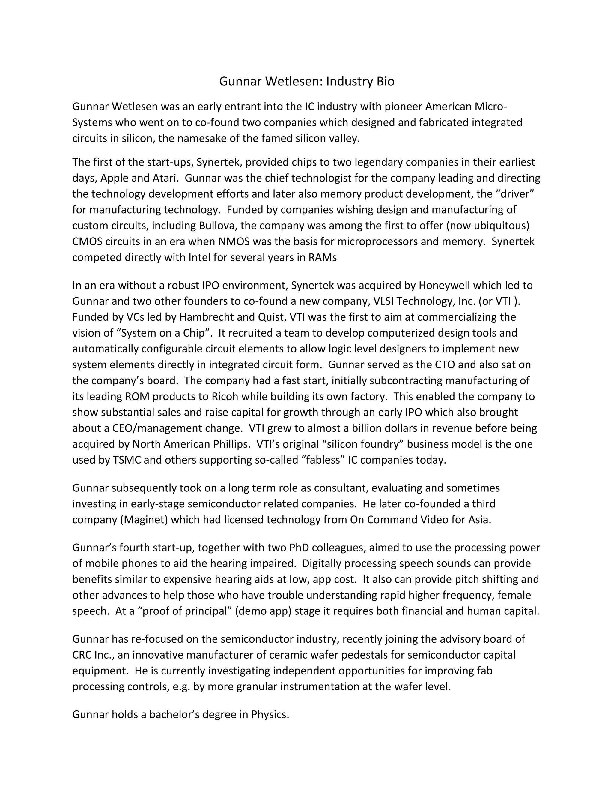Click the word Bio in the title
coord(385,81)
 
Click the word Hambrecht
coord(207,317)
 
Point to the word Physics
coord(270,715)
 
